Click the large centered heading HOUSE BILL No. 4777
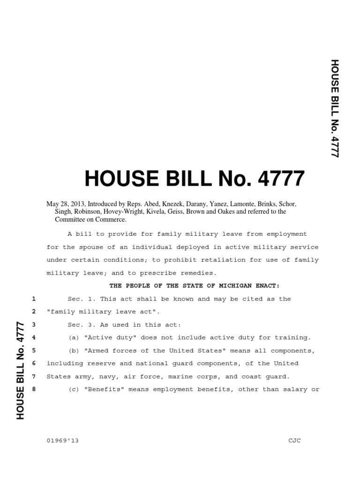tap(194, 178)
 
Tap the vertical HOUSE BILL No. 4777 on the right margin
tap(334, 108)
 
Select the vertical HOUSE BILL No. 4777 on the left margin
tap(20, 370)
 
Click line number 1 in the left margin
tap(33, 299)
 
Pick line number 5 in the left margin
tap(33, 350)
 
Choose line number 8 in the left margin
tap(33, 389)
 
